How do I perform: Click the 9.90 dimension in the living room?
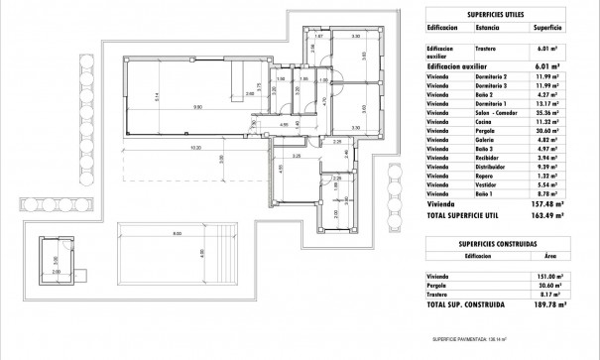point(197,106)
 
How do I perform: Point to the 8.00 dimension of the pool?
point(177,233)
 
